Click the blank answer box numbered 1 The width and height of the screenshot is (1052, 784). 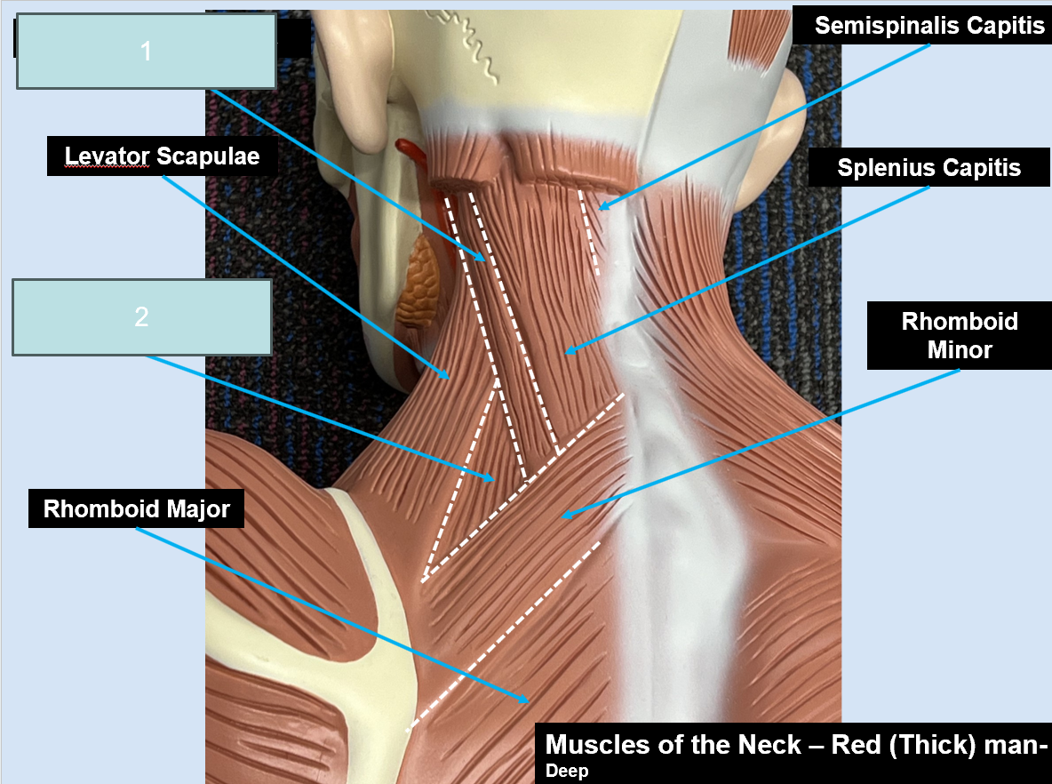[x=147, y=51]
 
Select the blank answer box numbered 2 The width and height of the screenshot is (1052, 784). [x=141, y=316]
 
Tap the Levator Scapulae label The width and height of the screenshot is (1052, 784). [x=163, y=156]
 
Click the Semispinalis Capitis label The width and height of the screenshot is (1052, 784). [x=929, y=26]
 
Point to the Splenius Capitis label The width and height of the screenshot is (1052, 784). [x=929, y=167]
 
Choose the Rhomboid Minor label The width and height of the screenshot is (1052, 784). [x=960, y=335]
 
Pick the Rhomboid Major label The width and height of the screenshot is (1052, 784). [x=136, y=508]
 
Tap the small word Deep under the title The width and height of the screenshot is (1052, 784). [x=567, y=771]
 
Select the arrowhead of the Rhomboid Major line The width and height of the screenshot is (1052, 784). [x=524, y=699]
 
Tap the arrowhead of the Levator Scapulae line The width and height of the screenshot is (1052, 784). [x=445, y=374]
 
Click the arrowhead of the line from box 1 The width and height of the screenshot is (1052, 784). [x=480, y=256]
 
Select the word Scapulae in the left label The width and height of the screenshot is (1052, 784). [x=208, y=156]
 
